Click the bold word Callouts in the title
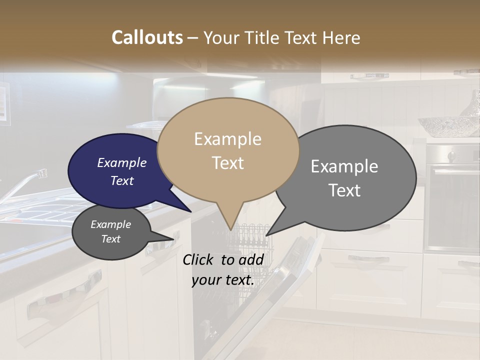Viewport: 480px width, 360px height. point(147,37)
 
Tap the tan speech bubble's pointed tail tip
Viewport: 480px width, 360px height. point(230,229)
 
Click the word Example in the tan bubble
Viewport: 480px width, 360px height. point(227,139)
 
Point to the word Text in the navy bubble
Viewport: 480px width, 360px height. point(122,180)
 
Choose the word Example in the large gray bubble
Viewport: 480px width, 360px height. point(344,166)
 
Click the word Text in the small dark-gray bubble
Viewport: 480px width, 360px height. point(111,239)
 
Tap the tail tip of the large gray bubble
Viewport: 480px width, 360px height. point(266,235)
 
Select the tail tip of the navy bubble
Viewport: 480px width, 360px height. point(190,211)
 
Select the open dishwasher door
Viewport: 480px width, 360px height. point(280,290)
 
